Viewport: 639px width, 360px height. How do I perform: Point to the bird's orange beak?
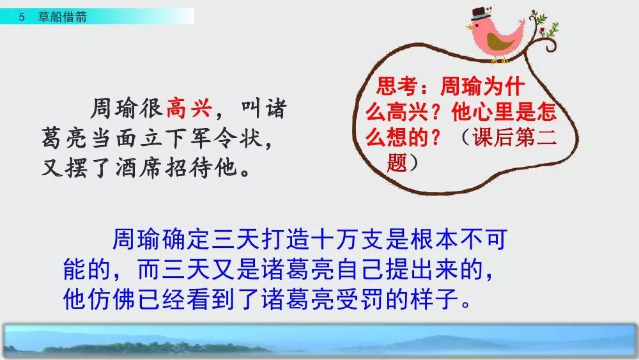tap(470, 28)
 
